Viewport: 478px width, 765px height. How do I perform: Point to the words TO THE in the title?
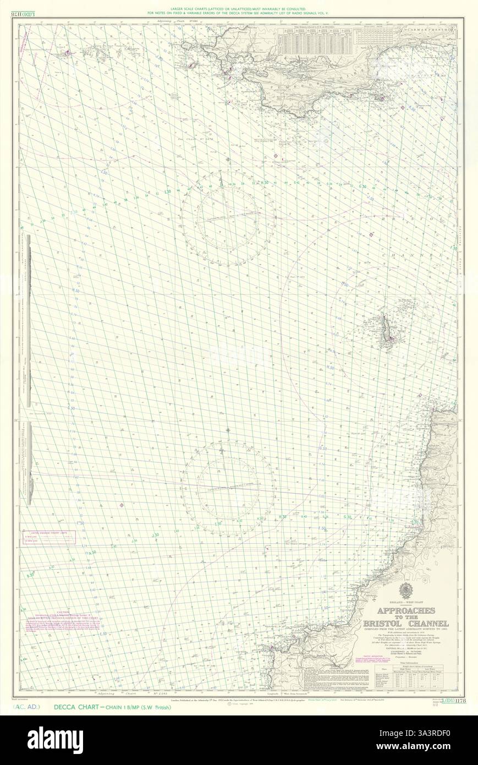[408, 617]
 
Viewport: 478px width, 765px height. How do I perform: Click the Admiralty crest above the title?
[408, 591]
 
